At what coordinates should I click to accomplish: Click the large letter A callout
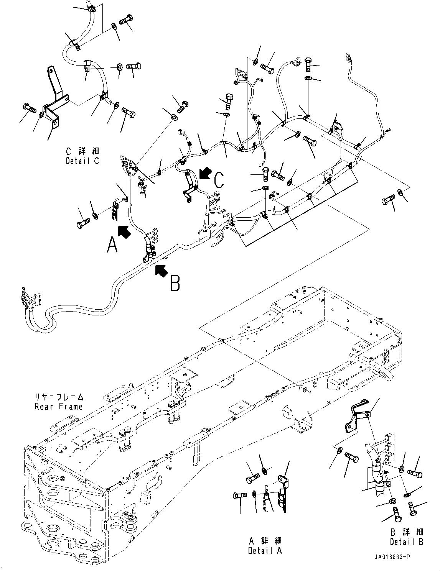112,244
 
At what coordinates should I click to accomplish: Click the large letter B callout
175,283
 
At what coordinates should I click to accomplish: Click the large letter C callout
218,180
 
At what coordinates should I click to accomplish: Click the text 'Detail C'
82,161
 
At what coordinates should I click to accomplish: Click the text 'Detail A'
265,551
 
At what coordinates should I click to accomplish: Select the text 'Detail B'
407,542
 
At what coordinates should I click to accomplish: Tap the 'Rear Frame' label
58,407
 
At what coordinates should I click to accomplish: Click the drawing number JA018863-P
391,556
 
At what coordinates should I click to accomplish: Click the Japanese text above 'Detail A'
265,541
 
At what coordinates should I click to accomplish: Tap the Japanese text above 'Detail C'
82,151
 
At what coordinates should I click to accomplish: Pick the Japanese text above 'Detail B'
407,532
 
